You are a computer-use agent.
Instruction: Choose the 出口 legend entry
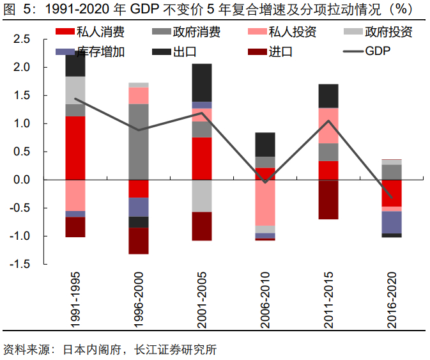[185, 51]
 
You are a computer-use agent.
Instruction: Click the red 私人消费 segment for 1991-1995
[75, 148]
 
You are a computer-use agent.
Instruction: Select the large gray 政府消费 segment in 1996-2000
[139, 141]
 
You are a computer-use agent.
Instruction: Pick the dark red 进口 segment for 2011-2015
[328, 200]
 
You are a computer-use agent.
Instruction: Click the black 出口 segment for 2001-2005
[202, 82]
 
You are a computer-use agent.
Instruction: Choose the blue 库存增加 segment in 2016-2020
[392, 222]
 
